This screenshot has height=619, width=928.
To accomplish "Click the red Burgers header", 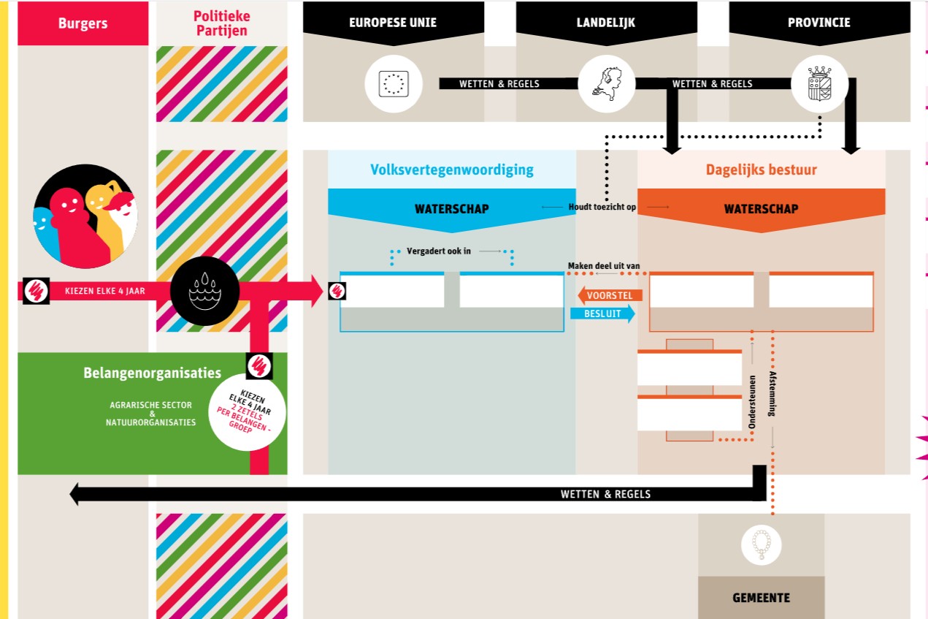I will point(83,23).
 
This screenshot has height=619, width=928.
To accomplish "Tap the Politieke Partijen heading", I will point(221,23).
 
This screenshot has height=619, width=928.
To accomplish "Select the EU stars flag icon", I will point(394,84).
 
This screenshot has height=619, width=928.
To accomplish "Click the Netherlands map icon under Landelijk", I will point(607,83).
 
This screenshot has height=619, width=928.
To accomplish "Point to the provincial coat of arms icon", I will point(820,84).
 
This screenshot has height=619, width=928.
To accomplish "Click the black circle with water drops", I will point(204,292).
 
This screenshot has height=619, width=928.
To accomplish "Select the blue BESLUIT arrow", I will point(602,314).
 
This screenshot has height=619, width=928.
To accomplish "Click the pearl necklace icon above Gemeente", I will point(762,544).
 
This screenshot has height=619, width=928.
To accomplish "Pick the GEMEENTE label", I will point(761,598).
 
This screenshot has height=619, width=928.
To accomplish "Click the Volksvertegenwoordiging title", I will point(452,170).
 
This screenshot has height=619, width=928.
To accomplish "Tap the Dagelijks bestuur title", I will point(761,170).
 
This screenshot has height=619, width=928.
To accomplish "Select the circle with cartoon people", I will point(85,216).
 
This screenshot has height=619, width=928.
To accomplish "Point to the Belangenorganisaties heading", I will point(152,373).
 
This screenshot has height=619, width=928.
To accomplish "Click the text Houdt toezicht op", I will point(602,208).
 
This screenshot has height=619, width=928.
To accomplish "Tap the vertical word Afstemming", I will point(772,394).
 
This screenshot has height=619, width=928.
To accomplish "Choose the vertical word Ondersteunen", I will point(751,401).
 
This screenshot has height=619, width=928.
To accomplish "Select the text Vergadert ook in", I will point(439,251).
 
